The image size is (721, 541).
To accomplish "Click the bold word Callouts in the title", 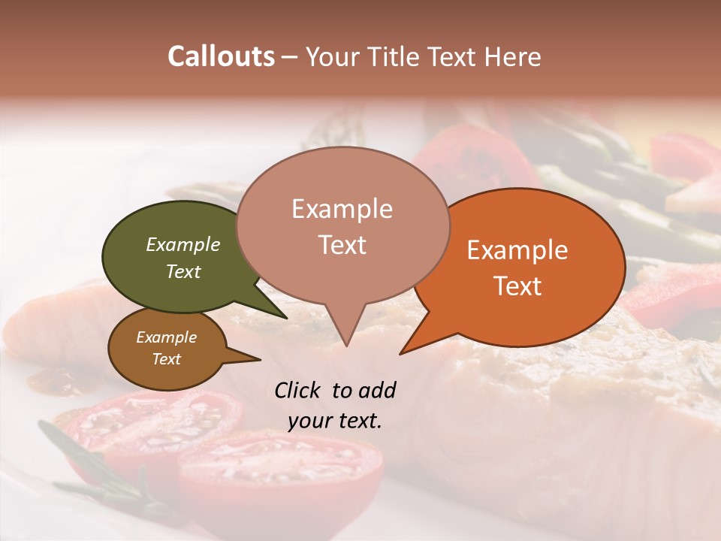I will (x=221, y=56).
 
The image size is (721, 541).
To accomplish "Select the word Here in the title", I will (x=511, y=56).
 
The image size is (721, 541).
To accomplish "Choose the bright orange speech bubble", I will (x=526, y=267).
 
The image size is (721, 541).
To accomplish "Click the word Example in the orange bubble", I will (x=517, y=250).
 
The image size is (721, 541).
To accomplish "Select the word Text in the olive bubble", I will (x=183, y=271).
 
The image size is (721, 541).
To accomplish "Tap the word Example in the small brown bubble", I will (x=167, y=337).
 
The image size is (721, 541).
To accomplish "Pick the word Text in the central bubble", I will (x=342, y=245).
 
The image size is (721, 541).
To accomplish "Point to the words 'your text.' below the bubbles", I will (x=335, y=421).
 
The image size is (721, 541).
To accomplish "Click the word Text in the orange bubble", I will (x=517, y=286).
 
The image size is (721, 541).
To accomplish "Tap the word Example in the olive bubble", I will (x=183, y=244).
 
